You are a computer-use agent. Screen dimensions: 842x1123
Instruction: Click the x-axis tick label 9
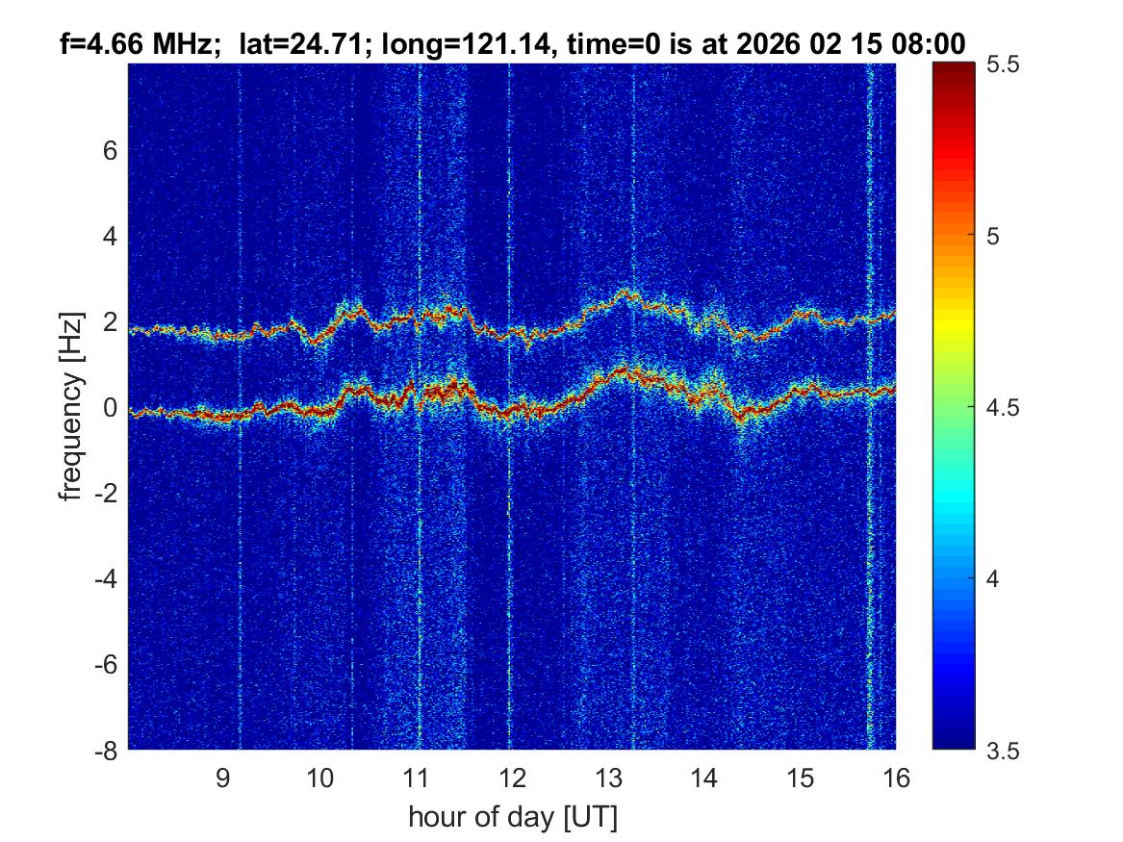(222, 778)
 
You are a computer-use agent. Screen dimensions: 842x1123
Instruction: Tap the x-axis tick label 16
(895, 778)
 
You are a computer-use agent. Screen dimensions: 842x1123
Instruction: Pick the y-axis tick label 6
(110, 150)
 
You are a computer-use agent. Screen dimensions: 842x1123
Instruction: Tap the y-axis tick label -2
(104, 493)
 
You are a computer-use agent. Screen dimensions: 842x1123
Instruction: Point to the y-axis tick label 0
(110, 407)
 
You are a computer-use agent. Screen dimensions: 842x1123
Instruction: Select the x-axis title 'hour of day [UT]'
(512, 818)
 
